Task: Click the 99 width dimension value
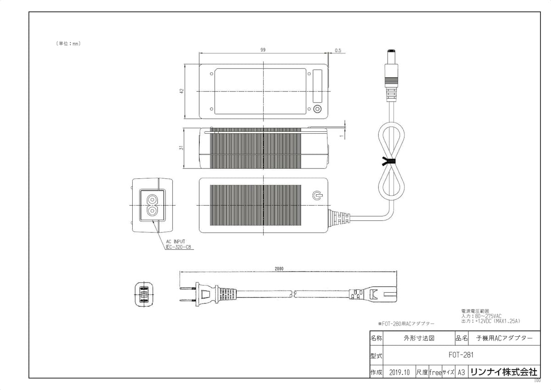(x=263, y=50)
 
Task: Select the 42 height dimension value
(x=182, y=91)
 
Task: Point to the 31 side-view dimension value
(x=182, y=147)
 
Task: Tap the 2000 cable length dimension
(x=279, y=268)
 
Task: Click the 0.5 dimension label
(x=338, y=51)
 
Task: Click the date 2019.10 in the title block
(x=399, y=372)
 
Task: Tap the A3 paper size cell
(x=461, y=372)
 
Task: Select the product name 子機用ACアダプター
(x=505, y=338)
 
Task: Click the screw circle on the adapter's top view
(x=317, y=109)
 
